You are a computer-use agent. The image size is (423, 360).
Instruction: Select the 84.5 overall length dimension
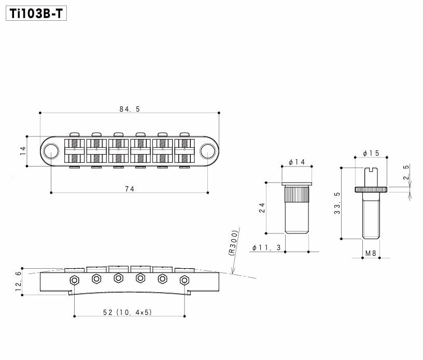[130, 109]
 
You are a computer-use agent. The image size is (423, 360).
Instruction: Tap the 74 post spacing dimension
[130, 189]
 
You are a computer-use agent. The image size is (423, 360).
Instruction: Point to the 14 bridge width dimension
[22, 151]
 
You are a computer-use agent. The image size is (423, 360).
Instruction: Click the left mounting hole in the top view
[51, 151]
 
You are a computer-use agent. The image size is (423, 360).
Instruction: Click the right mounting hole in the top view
[208, 151]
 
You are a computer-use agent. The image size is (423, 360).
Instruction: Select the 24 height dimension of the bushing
[262, 208]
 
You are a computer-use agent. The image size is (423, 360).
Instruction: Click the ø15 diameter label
[371, 153]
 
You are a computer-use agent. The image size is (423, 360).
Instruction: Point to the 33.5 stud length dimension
[338, 203]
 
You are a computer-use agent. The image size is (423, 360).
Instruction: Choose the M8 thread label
[371, 254]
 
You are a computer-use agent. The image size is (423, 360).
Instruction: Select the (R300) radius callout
[233, 242]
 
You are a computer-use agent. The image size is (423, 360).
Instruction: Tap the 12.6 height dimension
[19, 282]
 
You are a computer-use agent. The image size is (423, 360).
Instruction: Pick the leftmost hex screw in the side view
[75, 280]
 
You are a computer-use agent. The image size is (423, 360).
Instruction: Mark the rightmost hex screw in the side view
[184, 280]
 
